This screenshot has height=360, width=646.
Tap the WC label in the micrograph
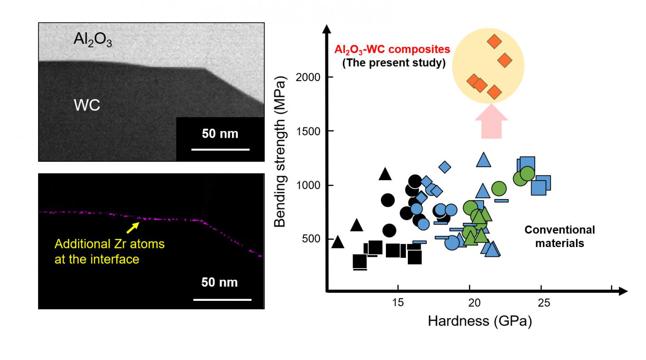coord(87,106)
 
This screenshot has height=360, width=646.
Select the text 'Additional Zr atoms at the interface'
coord(109,252)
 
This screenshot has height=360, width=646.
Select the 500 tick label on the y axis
coord(310,239)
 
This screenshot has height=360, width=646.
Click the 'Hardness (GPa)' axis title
coord(480,321)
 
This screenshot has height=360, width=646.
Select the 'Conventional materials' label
coord(560,237)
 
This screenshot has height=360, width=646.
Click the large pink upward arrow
coord(491,122)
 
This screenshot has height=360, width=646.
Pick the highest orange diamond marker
coord(494,42)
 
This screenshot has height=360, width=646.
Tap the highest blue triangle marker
coord(483,160)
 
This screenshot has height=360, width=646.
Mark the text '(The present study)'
coord(393,63)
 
